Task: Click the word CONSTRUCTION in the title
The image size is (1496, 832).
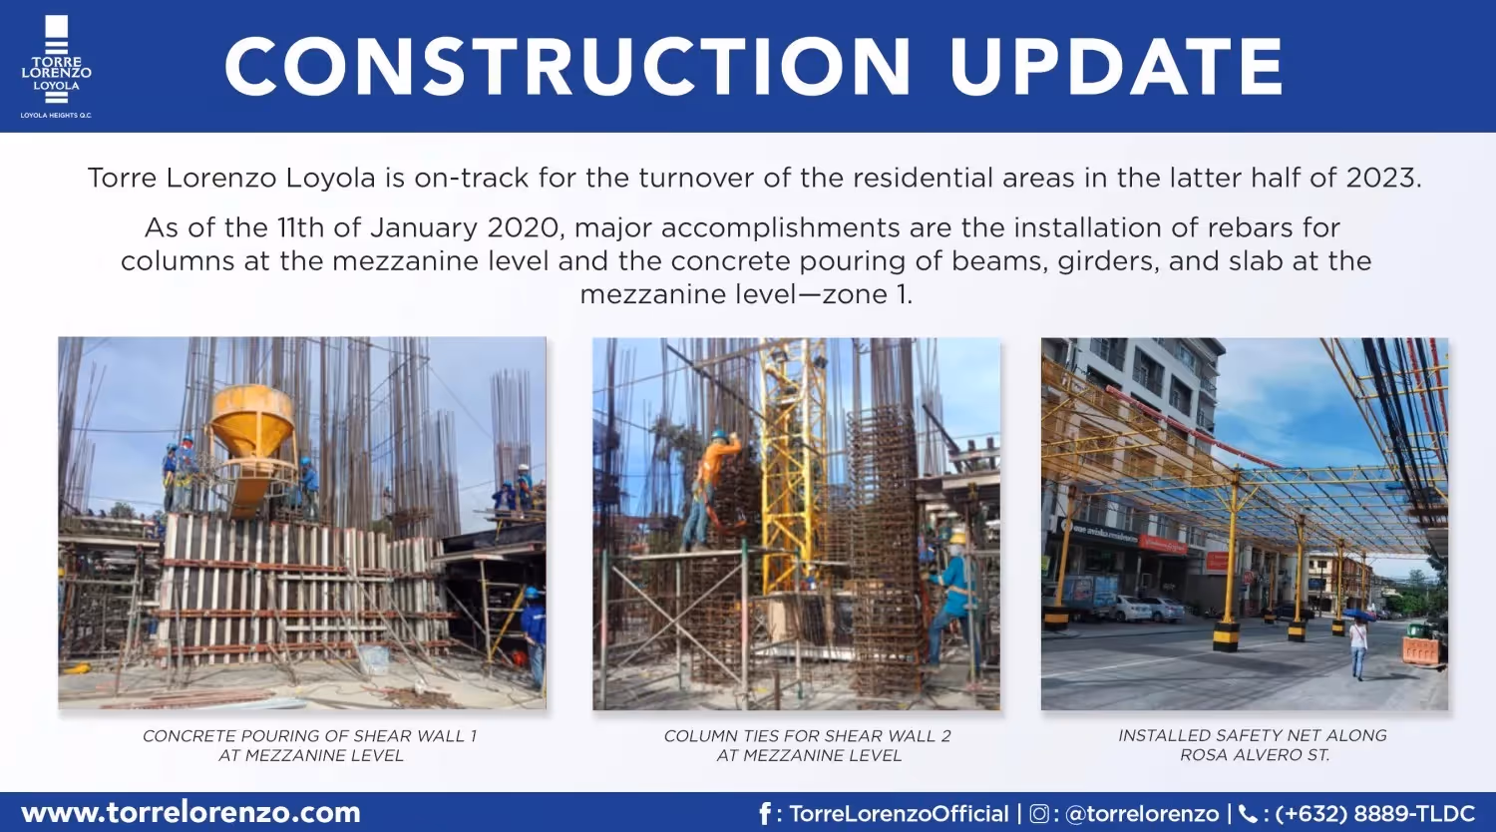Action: (566, 67)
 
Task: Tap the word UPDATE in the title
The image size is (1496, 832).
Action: (1116, 67)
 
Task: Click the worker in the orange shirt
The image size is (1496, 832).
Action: (716, 478)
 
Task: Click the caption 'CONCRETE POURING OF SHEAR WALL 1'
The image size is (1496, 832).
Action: (309, 736)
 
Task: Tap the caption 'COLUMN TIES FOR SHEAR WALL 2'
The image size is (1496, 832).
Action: (807, 736)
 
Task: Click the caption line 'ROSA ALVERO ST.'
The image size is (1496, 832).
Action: (1254, 755)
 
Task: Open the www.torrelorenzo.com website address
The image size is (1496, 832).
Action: (190, 813)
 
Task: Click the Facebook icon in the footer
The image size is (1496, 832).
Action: (765, 814)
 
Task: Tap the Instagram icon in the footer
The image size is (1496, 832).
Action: (1038, 814)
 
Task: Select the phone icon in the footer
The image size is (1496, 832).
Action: (1248, 814)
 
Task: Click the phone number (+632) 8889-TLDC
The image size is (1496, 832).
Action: (1374, 814)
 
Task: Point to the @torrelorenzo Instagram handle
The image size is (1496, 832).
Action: (1142, 814)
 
